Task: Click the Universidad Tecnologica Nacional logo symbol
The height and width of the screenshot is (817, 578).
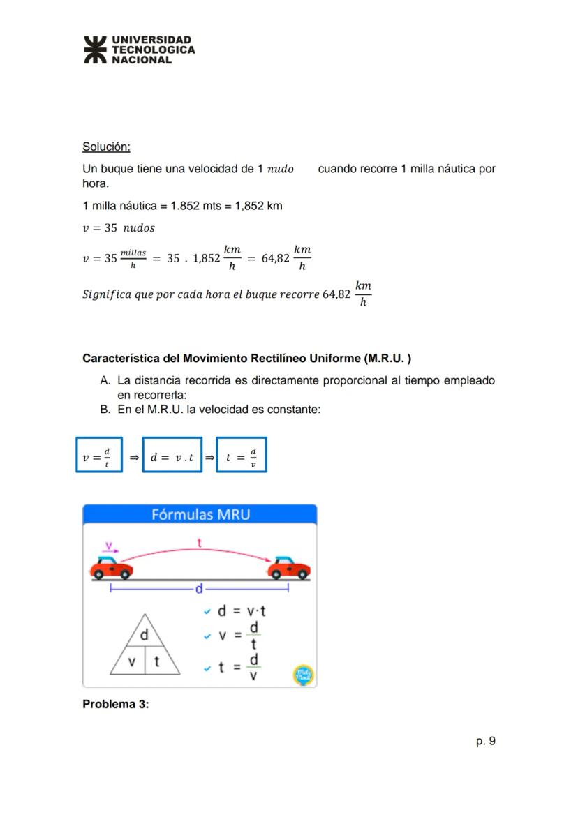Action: coord(96,50)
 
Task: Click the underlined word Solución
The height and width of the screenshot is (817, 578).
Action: coord(106,147)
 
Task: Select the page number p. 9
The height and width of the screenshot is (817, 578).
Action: coord(486,741)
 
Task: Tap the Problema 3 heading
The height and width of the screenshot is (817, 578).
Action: coord(116,704)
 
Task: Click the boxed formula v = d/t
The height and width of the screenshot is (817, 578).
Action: coord(99,455)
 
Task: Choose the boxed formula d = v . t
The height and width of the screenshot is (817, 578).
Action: coord(172,455)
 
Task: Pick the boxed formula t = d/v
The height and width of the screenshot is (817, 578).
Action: coord(241,455)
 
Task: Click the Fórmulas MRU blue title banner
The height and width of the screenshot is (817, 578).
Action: coord(200,515)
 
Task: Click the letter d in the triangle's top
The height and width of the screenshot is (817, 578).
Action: coord(144,636)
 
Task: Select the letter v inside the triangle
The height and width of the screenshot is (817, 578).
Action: coord(131,661)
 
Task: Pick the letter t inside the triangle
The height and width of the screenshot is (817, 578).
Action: coord(157,661)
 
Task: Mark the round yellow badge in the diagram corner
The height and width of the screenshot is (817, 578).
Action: coord(303,675)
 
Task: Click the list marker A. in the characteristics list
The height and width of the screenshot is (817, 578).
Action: coord(106,381)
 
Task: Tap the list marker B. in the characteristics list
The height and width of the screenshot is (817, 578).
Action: coord(106,410)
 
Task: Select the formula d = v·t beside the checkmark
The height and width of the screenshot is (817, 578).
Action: coord(241,611)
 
